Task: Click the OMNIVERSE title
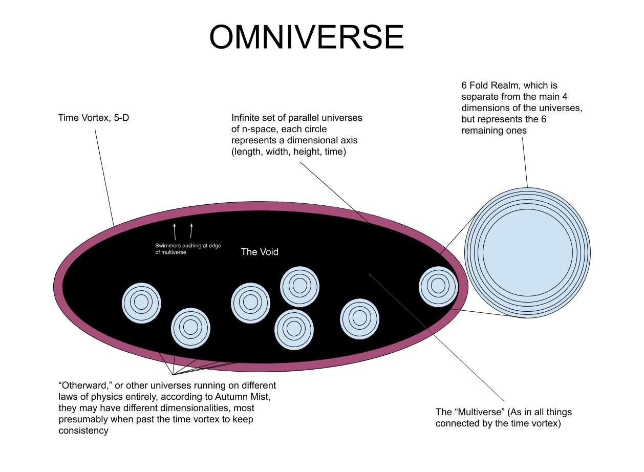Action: click(307, 37)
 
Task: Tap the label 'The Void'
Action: click(260, 252)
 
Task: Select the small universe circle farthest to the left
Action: click(141, 303)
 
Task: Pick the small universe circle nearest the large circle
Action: click(438, 286)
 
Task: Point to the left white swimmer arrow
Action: click(175, 231)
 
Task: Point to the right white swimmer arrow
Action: click(191, 231)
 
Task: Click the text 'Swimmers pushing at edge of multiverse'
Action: click(188, 249)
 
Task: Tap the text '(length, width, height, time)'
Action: click(289, 152)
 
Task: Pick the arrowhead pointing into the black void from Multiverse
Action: click(370, 274)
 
